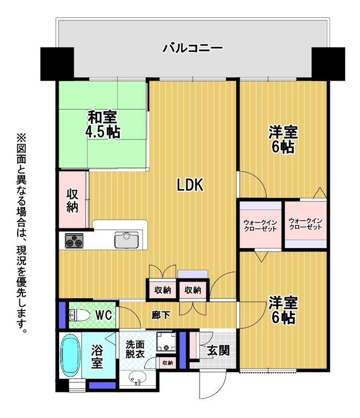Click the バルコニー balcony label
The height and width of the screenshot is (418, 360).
point(192,48)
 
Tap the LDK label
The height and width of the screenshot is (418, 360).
point(190,185)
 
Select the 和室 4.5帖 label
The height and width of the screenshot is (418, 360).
point(102,125)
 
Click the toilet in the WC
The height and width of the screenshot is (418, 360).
point(79,316)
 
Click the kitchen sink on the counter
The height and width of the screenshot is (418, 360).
point(126,239)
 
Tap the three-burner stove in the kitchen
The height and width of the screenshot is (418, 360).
point(74,240)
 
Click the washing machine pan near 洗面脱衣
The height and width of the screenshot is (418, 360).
point(166,342)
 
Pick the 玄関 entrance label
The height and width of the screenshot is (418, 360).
point(218,350)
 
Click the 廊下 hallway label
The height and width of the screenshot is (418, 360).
point(161,316)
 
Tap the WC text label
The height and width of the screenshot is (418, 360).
point(104,316)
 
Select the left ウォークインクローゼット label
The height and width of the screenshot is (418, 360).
point(260,225)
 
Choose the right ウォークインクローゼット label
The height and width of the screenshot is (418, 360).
point(306,224)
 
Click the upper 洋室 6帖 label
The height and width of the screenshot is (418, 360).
point(283,139)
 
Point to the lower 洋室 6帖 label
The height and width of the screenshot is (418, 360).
point(283,310)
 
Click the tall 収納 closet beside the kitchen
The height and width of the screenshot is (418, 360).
point(73,200)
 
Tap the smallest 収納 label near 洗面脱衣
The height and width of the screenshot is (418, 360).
point(168,363)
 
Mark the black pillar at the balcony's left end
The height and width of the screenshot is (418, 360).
point(57,64)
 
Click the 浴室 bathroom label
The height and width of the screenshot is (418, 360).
point(97,356)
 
